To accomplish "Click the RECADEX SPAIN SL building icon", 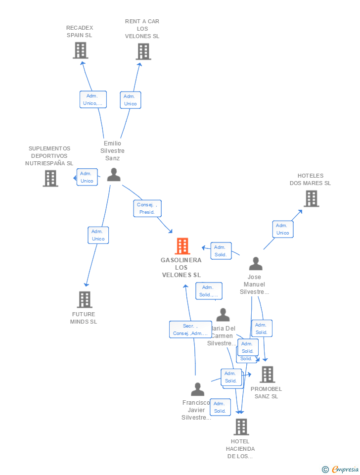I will (x=80, y=50).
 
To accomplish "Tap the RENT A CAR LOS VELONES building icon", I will (x=143, y=51).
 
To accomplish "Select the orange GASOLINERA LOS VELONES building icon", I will (x=182, y=246).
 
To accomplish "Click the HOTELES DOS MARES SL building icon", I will (x=311, y=198).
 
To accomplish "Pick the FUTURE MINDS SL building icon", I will (x=85, y=299).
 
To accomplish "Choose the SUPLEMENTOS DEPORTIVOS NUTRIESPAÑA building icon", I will (x=50, y=178).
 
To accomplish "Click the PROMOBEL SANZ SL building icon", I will (x=268, y=375).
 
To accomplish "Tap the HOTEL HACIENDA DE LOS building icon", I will (x=241, y=427).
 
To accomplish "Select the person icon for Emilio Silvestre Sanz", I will (x=114, y=175).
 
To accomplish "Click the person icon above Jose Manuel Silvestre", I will (x=256, y=264).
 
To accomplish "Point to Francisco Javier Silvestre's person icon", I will (x=197, y=389).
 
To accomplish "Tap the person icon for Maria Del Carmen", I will (x=223, y=315).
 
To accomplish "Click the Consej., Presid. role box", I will (x=147, y=208).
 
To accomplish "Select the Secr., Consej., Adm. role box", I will (x=190, y=330).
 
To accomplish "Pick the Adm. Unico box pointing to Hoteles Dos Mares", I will (x=283, y=229).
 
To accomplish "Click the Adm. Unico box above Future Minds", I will (x=98, y=235).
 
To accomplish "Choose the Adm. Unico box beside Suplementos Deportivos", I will (x=87, y=177).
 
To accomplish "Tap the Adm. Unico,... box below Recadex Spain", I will (x=93, y=99).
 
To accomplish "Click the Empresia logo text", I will (x=345, y=469).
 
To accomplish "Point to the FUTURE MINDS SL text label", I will (x=84, y=318).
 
